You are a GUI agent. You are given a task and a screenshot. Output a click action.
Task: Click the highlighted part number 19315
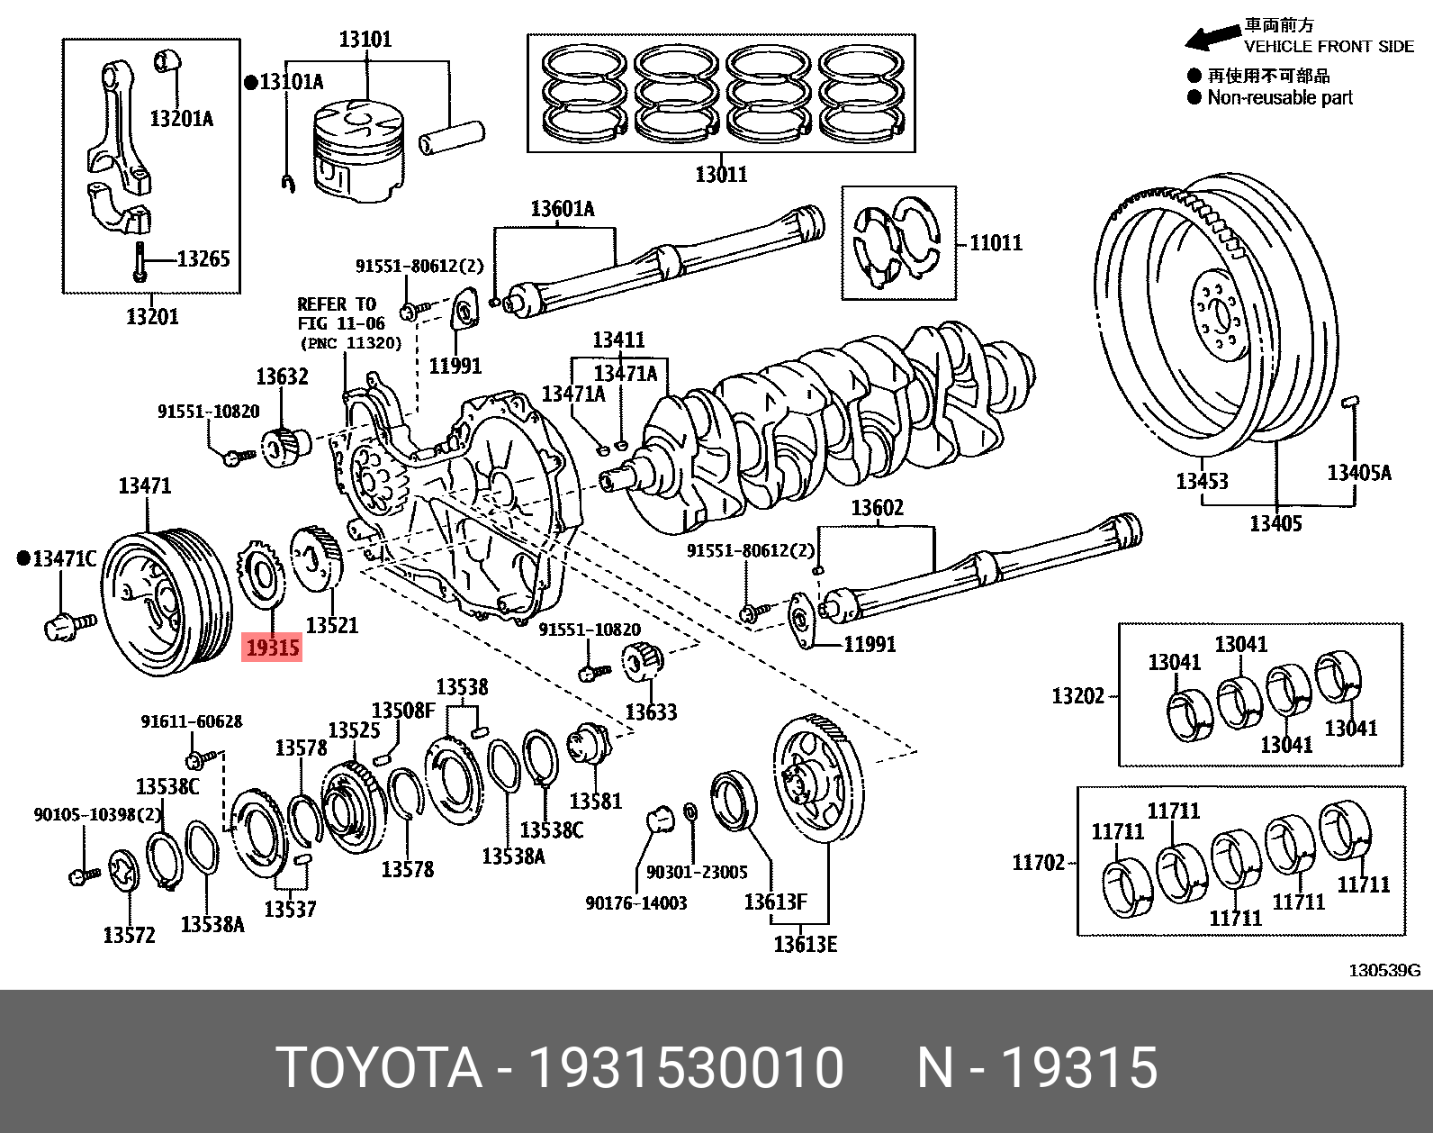point(272,648)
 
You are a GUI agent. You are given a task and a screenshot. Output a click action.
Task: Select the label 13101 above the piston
point(365,40)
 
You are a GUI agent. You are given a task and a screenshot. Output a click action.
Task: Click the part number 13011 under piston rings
point(720,173)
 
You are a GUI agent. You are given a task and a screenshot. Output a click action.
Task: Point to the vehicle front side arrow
point(1212,38)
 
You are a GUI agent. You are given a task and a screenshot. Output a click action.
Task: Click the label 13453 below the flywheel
point(1202,481)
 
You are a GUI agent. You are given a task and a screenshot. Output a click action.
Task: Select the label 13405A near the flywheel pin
point(1358,472)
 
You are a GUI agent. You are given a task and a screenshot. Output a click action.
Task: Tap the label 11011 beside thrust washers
point(996,243)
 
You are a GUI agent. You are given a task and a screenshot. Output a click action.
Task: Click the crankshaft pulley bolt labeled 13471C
point(68,623)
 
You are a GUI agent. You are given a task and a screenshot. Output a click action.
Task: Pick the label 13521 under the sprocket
point(331,624)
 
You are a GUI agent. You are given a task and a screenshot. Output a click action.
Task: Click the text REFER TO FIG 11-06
point(341,313)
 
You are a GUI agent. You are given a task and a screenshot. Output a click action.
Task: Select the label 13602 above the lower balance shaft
point(877,508)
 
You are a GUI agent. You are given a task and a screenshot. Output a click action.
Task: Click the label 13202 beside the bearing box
point(1078,695)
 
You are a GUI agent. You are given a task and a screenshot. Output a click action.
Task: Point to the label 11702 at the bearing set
point(1039,863)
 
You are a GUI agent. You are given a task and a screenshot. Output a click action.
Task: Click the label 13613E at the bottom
point(805,944)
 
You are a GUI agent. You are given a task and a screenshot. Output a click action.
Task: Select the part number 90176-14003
point(635,902)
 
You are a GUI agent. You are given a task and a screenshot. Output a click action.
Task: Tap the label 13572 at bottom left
point(129,935)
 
